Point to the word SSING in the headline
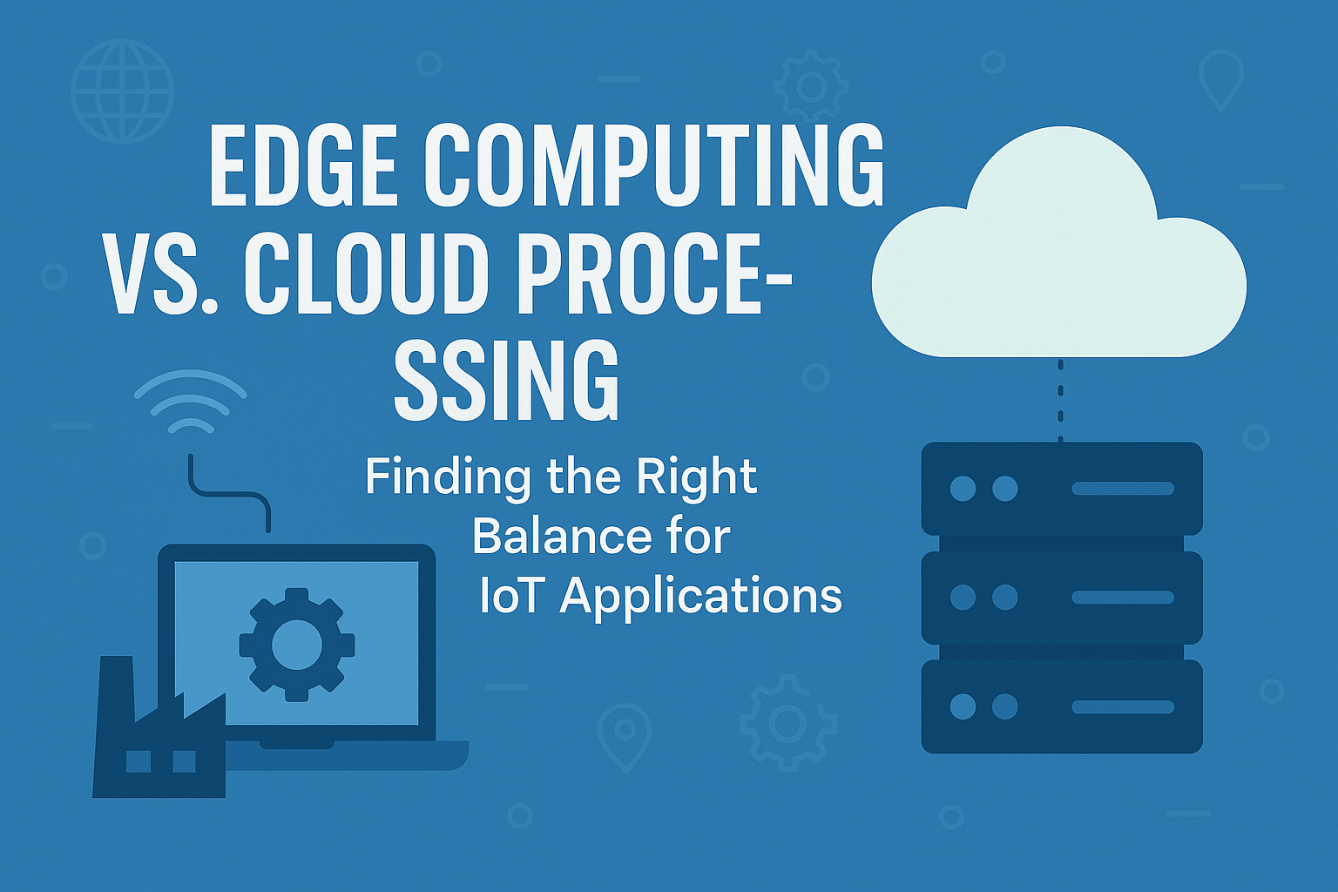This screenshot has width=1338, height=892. click(506, 381)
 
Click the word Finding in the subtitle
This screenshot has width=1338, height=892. click(448, 476)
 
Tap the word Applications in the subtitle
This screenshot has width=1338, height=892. click(701, 598)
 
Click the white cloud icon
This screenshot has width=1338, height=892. click(1058, 253)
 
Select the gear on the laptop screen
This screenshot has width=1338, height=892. click(297, 645)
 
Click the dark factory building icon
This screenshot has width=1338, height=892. click(157, 740)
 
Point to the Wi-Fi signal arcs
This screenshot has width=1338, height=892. click(190, 401)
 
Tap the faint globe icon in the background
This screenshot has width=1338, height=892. click(123, 91)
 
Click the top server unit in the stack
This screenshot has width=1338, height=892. click(1062, 488)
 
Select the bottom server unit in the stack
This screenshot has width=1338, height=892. click(1062, 706)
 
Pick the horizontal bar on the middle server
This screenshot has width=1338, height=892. click(1122, 598)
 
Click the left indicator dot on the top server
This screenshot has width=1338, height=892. click(963, 488)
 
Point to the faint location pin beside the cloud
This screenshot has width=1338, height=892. click(1220, 78)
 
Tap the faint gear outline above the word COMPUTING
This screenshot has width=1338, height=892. click(811, 86)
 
